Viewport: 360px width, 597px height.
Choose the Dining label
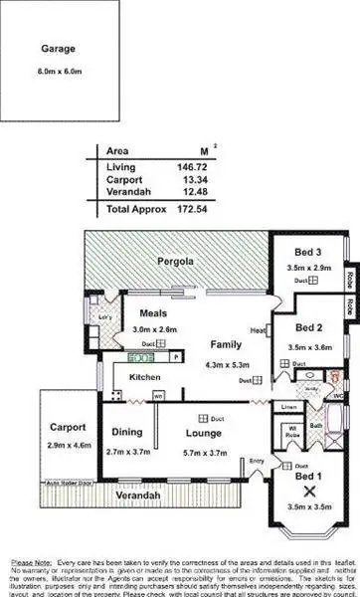pos(124,432)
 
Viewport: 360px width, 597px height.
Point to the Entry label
pos(257,460)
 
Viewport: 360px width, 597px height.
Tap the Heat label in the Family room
pos(256,331)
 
